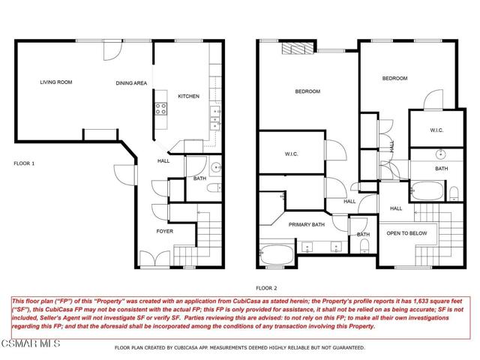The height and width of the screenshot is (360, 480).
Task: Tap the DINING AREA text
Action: tap(130, 83)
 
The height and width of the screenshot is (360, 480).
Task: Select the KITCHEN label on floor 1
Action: tap(187, 96)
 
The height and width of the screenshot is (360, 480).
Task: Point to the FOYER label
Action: tap(164, 232)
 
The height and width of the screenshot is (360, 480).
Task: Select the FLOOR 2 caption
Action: tap(265, 287)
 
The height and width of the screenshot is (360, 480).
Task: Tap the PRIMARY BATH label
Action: tap(307, 223)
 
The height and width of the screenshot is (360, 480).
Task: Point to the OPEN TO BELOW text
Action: tap(406, 233)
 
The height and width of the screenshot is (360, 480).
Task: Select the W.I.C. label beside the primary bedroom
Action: tap(292, 154)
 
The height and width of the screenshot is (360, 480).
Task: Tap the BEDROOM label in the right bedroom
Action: tap(394, 78)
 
